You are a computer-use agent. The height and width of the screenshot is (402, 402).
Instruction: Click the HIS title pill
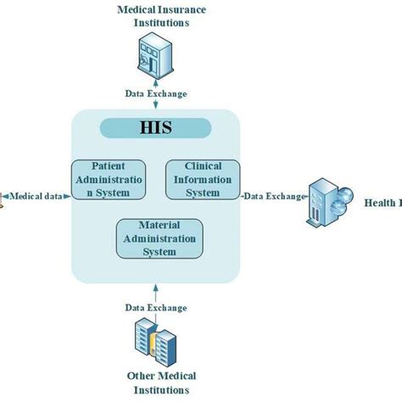pos(156,128)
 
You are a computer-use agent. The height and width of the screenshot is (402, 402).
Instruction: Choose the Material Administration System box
pos(159,239)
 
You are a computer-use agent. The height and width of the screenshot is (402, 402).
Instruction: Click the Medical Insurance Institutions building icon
pos(156,59)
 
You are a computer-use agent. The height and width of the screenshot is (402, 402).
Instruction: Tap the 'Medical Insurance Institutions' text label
pos(161,16)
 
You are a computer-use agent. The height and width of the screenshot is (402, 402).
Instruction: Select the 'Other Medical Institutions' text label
pos(161,383)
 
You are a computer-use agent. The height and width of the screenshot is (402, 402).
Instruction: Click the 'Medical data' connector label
pos(35,196)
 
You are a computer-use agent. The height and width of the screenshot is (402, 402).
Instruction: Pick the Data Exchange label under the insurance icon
pos(156,93)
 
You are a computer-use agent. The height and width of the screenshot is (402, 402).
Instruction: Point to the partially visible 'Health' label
pos(382,202)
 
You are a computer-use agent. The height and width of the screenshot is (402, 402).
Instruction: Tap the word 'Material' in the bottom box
pos(159,226)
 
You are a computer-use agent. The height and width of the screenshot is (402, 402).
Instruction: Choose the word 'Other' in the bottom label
pos(141,377)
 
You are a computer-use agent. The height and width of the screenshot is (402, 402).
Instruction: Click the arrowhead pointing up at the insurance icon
pos(156,81)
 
